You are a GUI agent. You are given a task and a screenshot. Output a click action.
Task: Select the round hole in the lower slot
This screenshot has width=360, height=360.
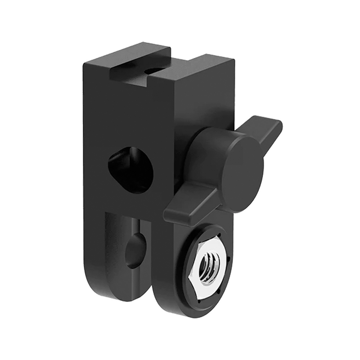click(135, 250)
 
